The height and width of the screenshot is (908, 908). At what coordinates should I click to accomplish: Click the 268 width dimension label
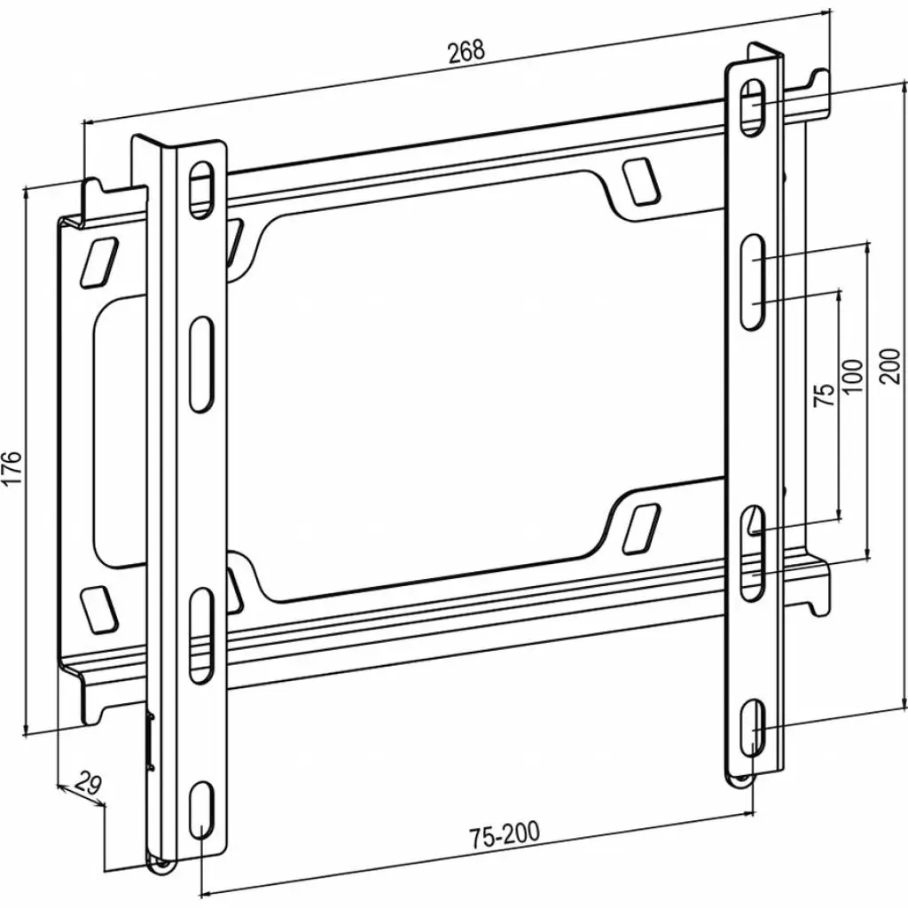(466, 51)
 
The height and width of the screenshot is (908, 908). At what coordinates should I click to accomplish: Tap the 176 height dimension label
(12, 467)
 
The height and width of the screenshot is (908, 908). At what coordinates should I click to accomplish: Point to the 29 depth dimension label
(88, 783)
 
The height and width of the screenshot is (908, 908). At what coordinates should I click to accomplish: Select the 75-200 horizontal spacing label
(505, 834)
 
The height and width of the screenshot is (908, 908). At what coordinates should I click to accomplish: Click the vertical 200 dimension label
(890, 365)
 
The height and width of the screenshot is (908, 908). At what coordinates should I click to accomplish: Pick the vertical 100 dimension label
(852, 376)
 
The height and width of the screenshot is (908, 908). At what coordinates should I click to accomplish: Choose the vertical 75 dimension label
(825, 395)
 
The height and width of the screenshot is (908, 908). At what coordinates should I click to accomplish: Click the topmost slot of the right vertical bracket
(752, 106)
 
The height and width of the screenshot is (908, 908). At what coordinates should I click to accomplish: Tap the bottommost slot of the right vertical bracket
(753, 728)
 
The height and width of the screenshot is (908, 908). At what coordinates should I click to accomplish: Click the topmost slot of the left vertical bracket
(201, 190)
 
